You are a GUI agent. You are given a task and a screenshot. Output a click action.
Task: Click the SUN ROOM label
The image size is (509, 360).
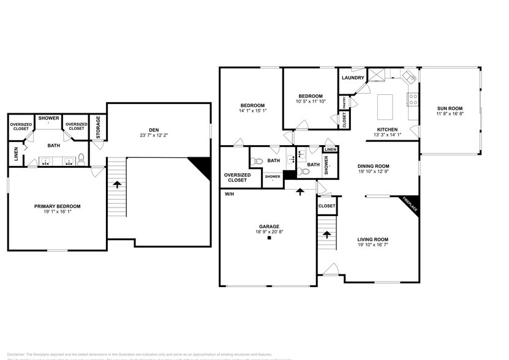pyautogui.click(x=450, y=108)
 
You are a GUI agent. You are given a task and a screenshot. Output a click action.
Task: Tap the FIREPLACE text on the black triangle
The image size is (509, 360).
pyautogui.click(x=410, y=204)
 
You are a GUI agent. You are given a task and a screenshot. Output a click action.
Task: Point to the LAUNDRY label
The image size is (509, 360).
pyautogui.click(x=353, y=78)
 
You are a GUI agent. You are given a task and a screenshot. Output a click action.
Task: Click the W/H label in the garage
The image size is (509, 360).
pyautogui.click(x=230, y=194)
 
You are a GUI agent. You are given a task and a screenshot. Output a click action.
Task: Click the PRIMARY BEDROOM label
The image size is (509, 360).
pyautogui.click(x=58, y=206)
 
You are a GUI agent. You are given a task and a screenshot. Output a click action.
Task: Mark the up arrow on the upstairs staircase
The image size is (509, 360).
pyautogui.click(x=116, y=184)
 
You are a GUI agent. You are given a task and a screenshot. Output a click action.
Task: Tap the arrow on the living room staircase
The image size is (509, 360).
pyautogui.click(x=326, y=234)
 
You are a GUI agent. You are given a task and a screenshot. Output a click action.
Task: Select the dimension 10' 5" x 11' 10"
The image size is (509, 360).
pyautogui.click(x=311, y=102)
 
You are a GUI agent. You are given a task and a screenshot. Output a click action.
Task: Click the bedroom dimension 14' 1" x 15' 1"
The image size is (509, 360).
pyautogui.click(x=252, y=111)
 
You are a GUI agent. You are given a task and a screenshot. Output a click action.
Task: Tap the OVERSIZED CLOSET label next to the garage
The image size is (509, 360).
pyautogui.click(x=235, y=178)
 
